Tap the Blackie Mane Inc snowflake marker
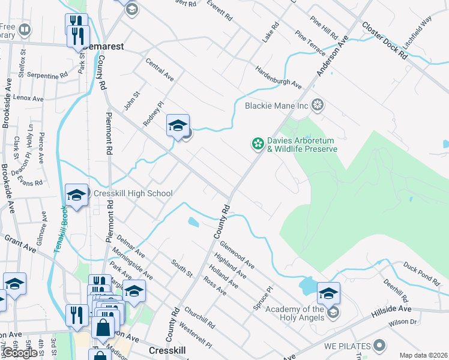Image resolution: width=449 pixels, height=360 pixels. tap(318, 106)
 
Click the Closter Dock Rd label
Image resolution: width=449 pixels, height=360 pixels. tap(384, 41)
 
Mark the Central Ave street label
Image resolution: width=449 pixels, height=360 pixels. tap(160, 70)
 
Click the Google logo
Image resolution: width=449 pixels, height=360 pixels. tap(20, 353)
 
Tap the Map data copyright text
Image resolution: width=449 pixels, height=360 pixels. tap(423, 355)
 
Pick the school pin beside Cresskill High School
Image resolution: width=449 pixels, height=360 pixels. tap(76, 195)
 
